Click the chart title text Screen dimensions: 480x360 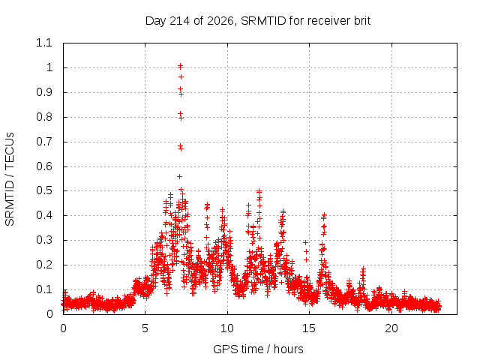click(258, 21)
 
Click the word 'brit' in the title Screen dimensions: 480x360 click(362, 21)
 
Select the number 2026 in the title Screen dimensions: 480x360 click(220, 21)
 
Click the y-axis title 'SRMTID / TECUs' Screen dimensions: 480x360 click(10, 179)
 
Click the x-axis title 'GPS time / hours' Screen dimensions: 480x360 click(258, 349)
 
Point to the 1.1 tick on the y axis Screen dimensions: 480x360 click(44, 43)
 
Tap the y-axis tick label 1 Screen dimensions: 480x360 click(49, 67)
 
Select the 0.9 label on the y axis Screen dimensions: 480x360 click(44, 92)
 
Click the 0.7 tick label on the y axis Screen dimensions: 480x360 click(44, 142)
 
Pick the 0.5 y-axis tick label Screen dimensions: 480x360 click(44, 190)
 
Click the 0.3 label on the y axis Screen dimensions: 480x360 click(44, 240)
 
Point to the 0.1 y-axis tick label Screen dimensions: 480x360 click(44, 289)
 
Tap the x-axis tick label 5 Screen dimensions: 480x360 click(145, 328)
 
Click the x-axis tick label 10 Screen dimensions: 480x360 click(227, 328)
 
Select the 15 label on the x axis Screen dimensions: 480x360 click(309, 328)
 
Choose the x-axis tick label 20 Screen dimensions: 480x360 click(391, 328)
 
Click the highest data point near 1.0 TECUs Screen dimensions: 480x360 click(180, 66)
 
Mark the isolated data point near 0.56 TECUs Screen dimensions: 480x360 click(180, 177)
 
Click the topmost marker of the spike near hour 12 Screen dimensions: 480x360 click(259, 191)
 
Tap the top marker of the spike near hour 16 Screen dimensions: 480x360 click(324, 215)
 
